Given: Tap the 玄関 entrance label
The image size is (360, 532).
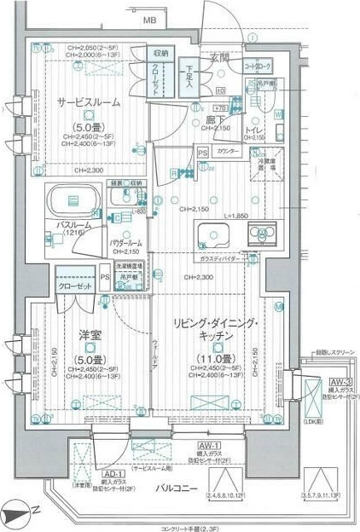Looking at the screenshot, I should (x=219, y=58).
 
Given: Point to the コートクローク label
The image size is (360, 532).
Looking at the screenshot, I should (x=258, y=65).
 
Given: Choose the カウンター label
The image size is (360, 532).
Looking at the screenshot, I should (x=227, y=151).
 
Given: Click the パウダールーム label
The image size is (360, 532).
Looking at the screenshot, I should (x=125, y=243).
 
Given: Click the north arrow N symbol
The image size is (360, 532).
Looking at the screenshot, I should (x=23, y=517).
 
